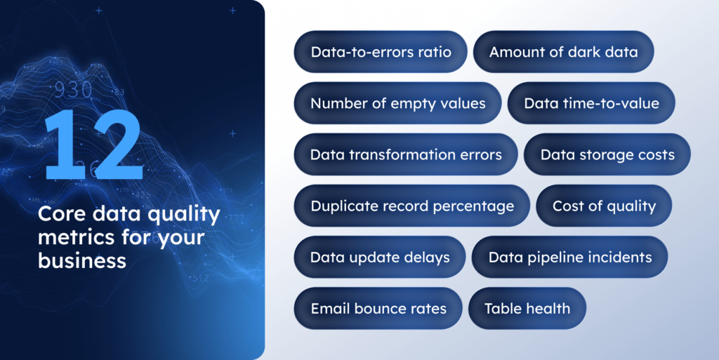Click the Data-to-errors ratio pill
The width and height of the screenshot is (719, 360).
(381, 52)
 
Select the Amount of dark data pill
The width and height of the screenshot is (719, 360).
(564, 52)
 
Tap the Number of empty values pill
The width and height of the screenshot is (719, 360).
(398, 103)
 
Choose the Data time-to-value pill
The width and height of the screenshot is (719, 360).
(591, 103)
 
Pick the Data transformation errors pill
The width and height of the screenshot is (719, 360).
(406, 154)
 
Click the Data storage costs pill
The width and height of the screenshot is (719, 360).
(607, 154)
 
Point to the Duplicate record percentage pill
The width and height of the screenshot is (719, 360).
(412, 206)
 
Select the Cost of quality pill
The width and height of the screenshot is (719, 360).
(604, 206)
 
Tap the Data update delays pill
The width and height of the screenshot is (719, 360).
(380, 257)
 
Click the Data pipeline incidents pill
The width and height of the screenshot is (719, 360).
(569, 257)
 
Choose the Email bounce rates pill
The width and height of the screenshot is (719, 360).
(378, 308)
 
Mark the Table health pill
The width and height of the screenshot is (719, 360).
(527, 308)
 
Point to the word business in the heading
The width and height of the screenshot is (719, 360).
(82, 261)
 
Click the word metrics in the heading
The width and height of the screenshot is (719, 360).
(72, 238)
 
